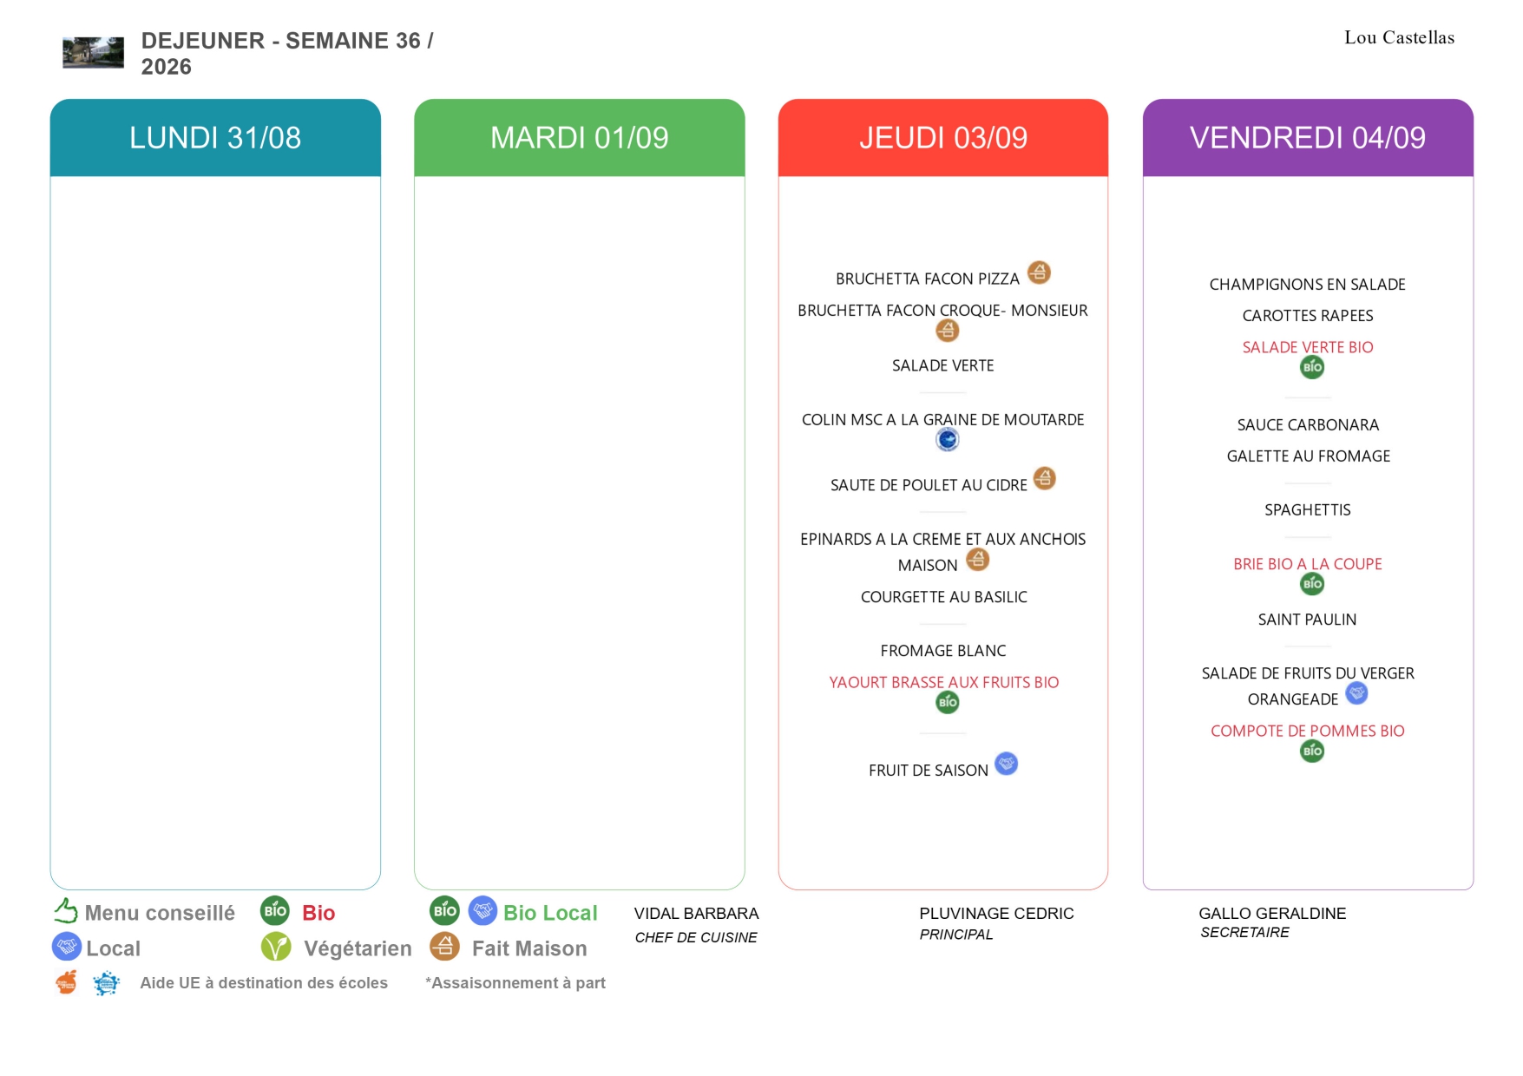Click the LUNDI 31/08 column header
pos(215,138)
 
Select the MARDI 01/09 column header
pos(580,138)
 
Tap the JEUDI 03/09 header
pos(943,138)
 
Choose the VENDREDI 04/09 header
pos(1308,138)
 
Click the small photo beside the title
pos(93,52)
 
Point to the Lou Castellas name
pos(1399,37)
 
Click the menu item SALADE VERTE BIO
pos(1308,347)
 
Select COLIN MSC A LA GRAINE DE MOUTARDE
pos(943,420)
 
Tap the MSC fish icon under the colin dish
pos(948,440)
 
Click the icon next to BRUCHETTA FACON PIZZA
pos(1039,272)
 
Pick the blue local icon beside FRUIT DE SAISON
pos(1006,764)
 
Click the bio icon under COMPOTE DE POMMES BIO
pos(1312,751)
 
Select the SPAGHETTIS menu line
pos(1308,510)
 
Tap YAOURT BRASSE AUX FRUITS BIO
pos(944,683)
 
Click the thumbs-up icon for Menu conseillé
pos(66,910)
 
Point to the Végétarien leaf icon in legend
pos(276,947)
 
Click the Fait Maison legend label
pos(529,948)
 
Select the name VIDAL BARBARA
pos(697,914)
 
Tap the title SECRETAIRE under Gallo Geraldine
pos(1245,933)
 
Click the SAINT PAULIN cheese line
pos(1308,620)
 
